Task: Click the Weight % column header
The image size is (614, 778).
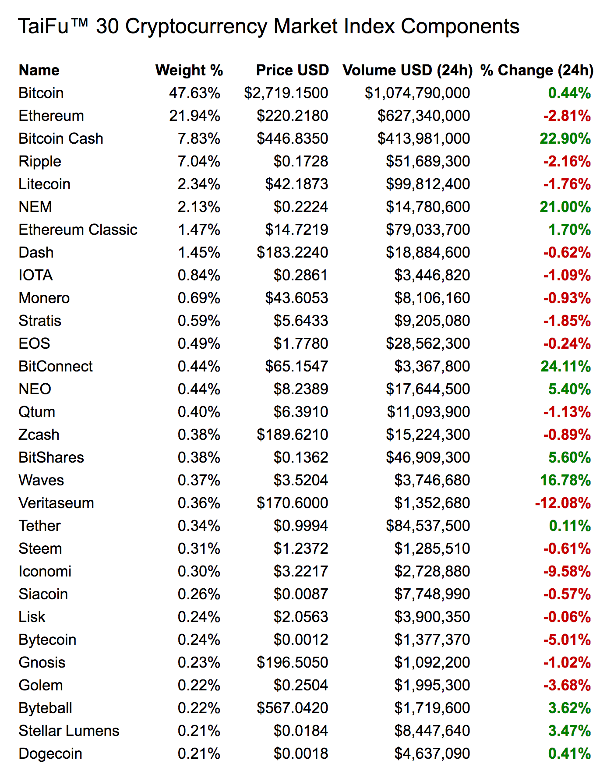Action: (x=189, y=70)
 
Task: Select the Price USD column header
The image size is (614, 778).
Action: (x=292, y=70)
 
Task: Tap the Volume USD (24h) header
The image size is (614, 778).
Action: (x=407, y=70)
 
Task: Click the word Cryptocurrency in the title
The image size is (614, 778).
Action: (x=196, y=26)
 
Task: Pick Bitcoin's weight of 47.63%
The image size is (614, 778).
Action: (x=194, y=93)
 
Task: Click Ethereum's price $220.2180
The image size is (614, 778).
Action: (x=292, y=116)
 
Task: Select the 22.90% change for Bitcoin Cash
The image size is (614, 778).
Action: (x=565, y=138)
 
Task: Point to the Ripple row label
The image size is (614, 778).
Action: (x=40, y=161)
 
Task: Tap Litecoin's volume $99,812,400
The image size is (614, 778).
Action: (x=427, y=184)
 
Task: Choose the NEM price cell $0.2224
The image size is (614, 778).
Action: (x=300, y=207)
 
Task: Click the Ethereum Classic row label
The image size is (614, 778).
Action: (x=78, y=230)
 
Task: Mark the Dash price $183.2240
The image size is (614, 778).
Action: (x=292, y=252)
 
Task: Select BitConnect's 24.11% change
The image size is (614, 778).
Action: (x=565, y=366)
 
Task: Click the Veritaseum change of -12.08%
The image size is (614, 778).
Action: (x=563, y=503)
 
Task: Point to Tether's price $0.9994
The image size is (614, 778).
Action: (x=300, y=526)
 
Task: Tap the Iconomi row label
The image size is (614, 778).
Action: (x=45, y=571)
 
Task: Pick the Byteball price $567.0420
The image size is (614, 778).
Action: (x=292, y=708)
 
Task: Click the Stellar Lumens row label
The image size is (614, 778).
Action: (x=69, y=731)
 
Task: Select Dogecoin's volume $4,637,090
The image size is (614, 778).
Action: (x=432, y=753)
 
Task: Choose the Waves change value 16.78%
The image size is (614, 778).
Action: (x=565, y=480)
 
